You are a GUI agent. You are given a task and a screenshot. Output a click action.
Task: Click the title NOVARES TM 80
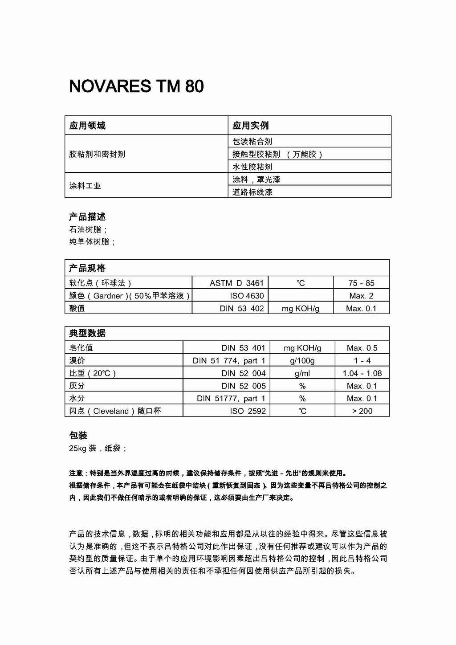pyautogui.click(x=136, y=86)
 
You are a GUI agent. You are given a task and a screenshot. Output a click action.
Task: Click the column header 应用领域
pyautogui.click(x=87, y=126)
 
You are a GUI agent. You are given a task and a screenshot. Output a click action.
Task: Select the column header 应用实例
pyautogui.click(x=250, y=126)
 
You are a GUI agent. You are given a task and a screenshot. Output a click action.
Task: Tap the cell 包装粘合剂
pyautogui.click(x=252, y=141)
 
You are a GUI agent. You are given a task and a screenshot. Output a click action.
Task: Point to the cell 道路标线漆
pyautogui.click(x=252, y=192)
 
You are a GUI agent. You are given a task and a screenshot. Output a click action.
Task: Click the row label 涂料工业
pyautogui.click(x=85, y=185)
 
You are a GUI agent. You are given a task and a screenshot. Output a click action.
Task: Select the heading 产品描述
pyautogui.click(x=87, y=217)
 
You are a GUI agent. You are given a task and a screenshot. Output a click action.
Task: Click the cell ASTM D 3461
pyautogui.click(x=236, y=283)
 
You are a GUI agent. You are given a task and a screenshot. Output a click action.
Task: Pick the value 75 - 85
pyautogui.click(x=361, y=283)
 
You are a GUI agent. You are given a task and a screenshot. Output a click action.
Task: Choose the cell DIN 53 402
pyautogui.click(x=241, y=308)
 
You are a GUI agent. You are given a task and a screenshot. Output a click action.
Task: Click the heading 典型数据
pyautogui.click(x=87, y=333)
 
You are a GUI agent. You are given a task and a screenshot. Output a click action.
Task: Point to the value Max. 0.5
pyautogui.click(x=362, y=348)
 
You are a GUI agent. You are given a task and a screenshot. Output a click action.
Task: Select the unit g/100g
pyautogui.click(x=302, y=360)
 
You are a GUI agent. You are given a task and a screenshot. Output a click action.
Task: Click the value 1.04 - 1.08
pyautogui.click(x=362, y=373)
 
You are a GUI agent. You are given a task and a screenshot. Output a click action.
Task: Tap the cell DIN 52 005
pyautogui.click(x=243, y=386)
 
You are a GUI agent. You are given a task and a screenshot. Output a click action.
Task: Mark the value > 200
pyautogui.click(x=362, y=411)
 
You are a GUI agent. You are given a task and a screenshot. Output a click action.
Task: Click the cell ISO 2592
pyautogui.click(x=248, y=411)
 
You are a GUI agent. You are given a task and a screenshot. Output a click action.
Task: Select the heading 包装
pyautogui.click(x=78, y=436)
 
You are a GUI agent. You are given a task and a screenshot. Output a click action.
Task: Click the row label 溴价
pyautogui.click(x=77, y=360)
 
